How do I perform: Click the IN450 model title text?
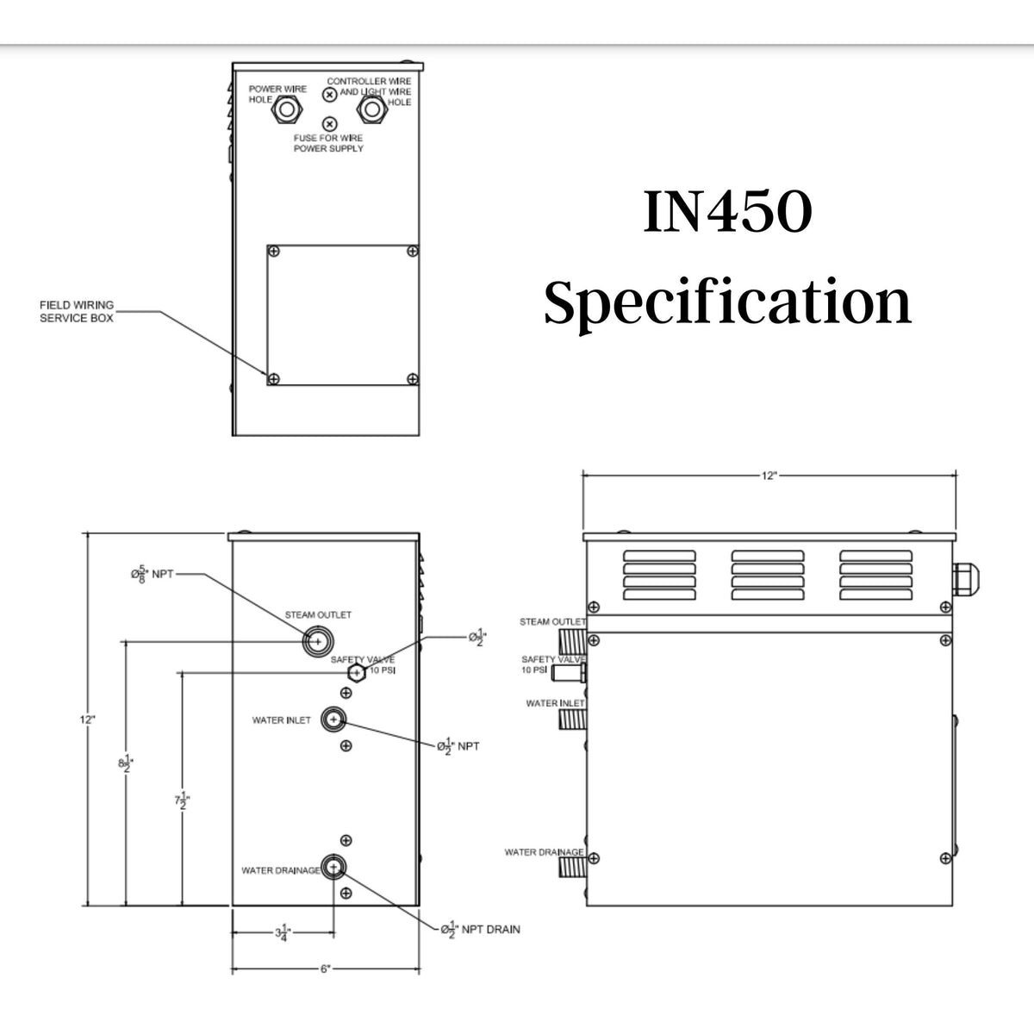[727, 213]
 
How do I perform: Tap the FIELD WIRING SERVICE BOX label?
[77, 312]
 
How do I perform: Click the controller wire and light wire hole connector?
[371, 109]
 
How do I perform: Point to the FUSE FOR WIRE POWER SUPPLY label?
[328, 143]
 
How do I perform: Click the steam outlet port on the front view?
[317, 641]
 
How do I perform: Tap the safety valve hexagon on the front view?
[355, 673]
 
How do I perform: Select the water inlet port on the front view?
[333, 719]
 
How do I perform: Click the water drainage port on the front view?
[333, 866]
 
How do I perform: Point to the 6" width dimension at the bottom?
[326, 969]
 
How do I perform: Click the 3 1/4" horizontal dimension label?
[282, 931]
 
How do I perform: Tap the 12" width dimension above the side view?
[769, 474]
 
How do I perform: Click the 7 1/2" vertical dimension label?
[182, 800]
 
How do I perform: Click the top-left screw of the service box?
[274, 252]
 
